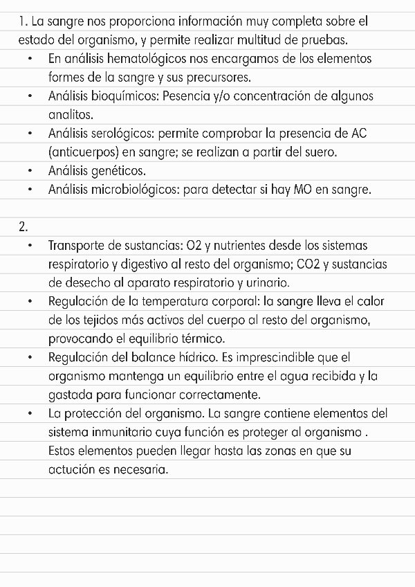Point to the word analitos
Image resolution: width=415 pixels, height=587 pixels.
(71, 114)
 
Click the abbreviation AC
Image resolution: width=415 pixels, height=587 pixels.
(359, 133)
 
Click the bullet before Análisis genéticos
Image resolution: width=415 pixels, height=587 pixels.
(31, 170)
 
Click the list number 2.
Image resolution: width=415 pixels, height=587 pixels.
(24, 226)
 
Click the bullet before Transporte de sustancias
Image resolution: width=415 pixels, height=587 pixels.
(31, 246)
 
